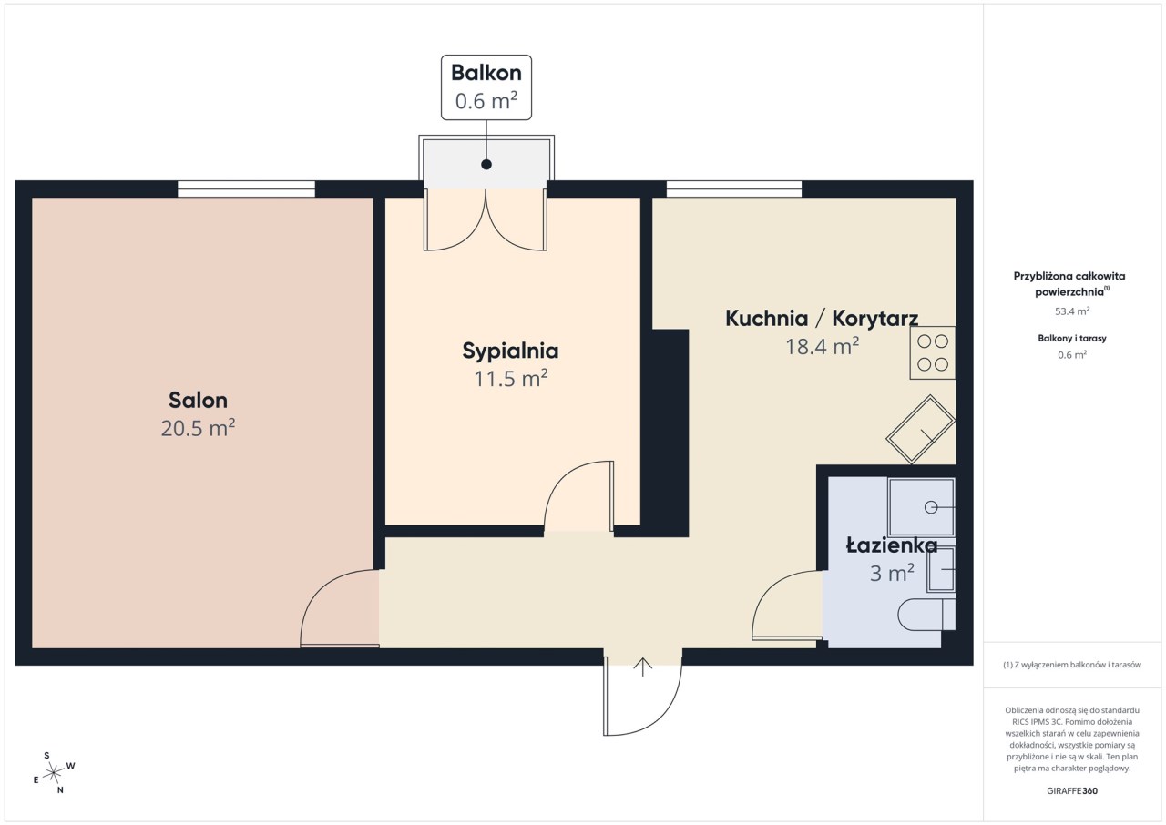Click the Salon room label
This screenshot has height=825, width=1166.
pyautogui.click(x=198, y=400)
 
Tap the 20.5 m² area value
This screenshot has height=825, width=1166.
pyautogui.click(x=198, y=428)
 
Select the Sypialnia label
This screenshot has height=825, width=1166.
pyautogui.click(x=510, y=351)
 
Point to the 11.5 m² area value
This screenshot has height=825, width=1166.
pyautogui.click(x=510, y=378)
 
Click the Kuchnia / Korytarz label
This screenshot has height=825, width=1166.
pyautogui.click(x=822, y=319)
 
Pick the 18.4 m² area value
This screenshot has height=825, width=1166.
pyautogui.click(x=822, y=346)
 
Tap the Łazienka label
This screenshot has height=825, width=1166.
pyautogui.click(x=892, y=545)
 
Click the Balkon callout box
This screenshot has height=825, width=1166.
pyautogui.click(x=486, y=87)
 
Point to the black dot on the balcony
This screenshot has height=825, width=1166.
pyautogui.click(x=486, y=165)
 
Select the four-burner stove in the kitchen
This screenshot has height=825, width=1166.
pyautogui.click(x=932, y=352)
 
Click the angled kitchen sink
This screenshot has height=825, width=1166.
pyautogui.click(x=920, y=429)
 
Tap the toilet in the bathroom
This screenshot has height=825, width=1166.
pyautogui.click(x=926, y=615)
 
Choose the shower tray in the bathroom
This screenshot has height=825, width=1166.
pyautogui.click(x=921, y=507)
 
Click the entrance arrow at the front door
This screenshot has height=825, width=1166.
pyautogui.click(x=643, y=667)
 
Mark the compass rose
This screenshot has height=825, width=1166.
pyautogui.click(x=54, y=773)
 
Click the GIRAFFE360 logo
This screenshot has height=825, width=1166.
pyautogui.click(x=1072, y=790)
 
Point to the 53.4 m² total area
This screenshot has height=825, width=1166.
pyautogui.click(x=1072, y=311)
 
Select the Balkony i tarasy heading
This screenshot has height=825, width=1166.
pyautogui.click(x=1072, y=338)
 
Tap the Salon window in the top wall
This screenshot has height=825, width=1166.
pyautogui.click(x=246, y=188)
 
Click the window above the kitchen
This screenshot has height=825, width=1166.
pyautogui.click(x=734, y=188)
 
